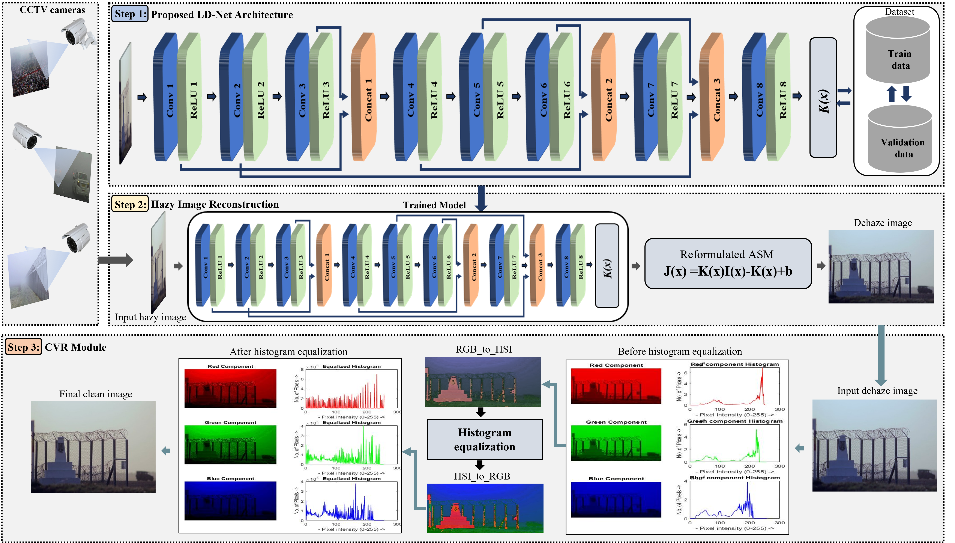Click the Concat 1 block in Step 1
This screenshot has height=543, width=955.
(x=364, y=97)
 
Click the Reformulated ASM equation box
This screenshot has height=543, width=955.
(x=728, y=264)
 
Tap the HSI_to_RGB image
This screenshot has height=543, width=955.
(x=485, y=508)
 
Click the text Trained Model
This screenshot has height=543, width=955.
(x=434, y=205)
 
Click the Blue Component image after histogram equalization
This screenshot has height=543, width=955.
(x=230, y=501)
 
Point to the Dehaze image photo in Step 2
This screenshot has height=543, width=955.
(x=881, y=266)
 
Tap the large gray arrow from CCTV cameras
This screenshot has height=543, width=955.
(x=116, y=260)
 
